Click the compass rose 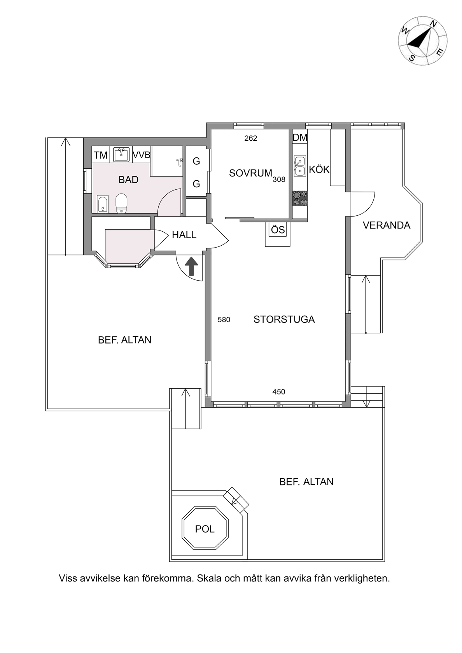click(x=423, y=41)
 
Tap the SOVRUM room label click(x=250, y=173)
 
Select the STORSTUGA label click(x=284, y=320)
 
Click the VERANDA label click(x=387, y=225)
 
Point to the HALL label click(x=184, y=235)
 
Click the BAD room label click(x=128, y=180)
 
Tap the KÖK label click(x=319, y=169)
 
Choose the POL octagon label click(x=205, y=529)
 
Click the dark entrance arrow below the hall click(x=192, y=266)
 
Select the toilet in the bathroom click(x=122, y=203)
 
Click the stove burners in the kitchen click(x=300, y=198)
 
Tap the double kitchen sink click(x=299, y=166)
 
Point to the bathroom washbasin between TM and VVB click(x=121, y=154)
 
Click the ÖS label click(x=278, y=230)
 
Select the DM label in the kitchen click(x=300, y=138)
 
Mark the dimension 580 click(x=224, y=320)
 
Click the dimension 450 click(x=279, y=392)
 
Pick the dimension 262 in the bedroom click(x=251, y=138)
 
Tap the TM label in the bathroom click(x=101, y=155)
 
